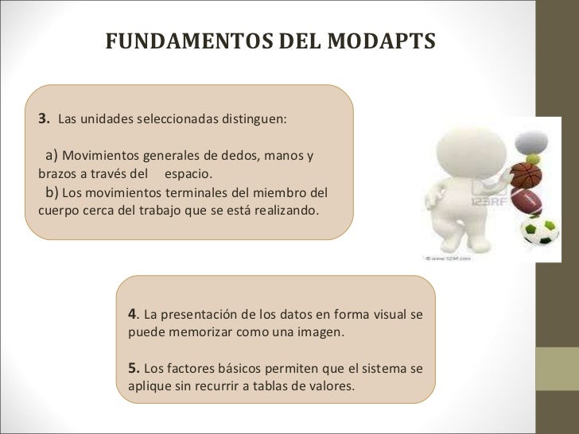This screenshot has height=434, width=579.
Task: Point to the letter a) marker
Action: [51, 154]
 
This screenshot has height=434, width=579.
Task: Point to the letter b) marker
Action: [51, 192]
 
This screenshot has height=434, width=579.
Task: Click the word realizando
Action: [284, 211]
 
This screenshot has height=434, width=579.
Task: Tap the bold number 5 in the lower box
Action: [133, 368]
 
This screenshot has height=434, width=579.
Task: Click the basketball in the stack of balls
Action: [526, 174]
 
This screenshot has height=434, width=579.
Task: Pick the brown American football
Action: [526, 201]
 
